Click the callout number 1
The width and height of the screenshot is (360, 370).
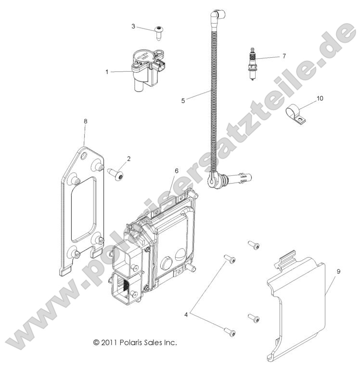(107, 72)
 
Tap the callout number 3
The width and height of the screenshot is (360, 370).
(133, 26)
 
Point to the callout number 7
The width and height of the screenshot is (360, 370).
(283, 56)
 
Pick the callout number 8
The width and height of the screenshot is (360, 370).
(85, 121)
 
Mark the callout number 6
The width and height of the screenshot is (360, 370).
(176, 171)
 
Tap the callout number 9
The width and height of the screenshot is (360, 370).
(339, 272)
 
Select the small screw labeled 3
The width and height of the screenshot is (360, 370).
(158, 32)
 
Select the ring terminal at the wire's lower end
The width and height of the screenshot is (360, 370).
(212, 180)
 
